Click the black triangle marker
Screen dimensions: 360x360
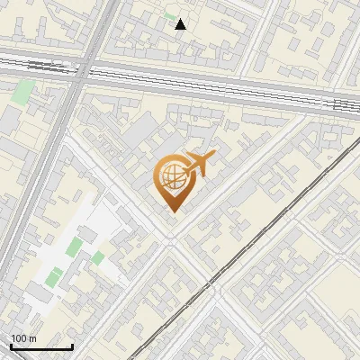pos(181,24)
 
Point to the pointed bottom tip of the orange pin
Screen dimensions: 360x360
pos(171,211)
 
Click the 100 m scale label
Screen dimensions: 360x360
pos(22,338)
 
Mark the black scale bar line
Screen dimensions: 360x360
pos(41,346)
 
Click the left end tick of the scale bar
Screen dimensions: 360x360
pos(11,346)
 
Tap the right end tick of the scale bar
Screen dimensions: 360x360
pos(73,346)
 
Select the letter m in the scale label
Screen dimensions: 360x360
pos(32,338)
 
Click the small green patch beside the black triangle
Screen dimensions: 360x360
pos(168,18)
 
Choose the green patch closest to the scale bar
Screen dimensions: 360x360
pos(55,275)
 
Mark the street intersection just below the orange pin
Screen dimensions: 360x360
pos(171,241)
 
